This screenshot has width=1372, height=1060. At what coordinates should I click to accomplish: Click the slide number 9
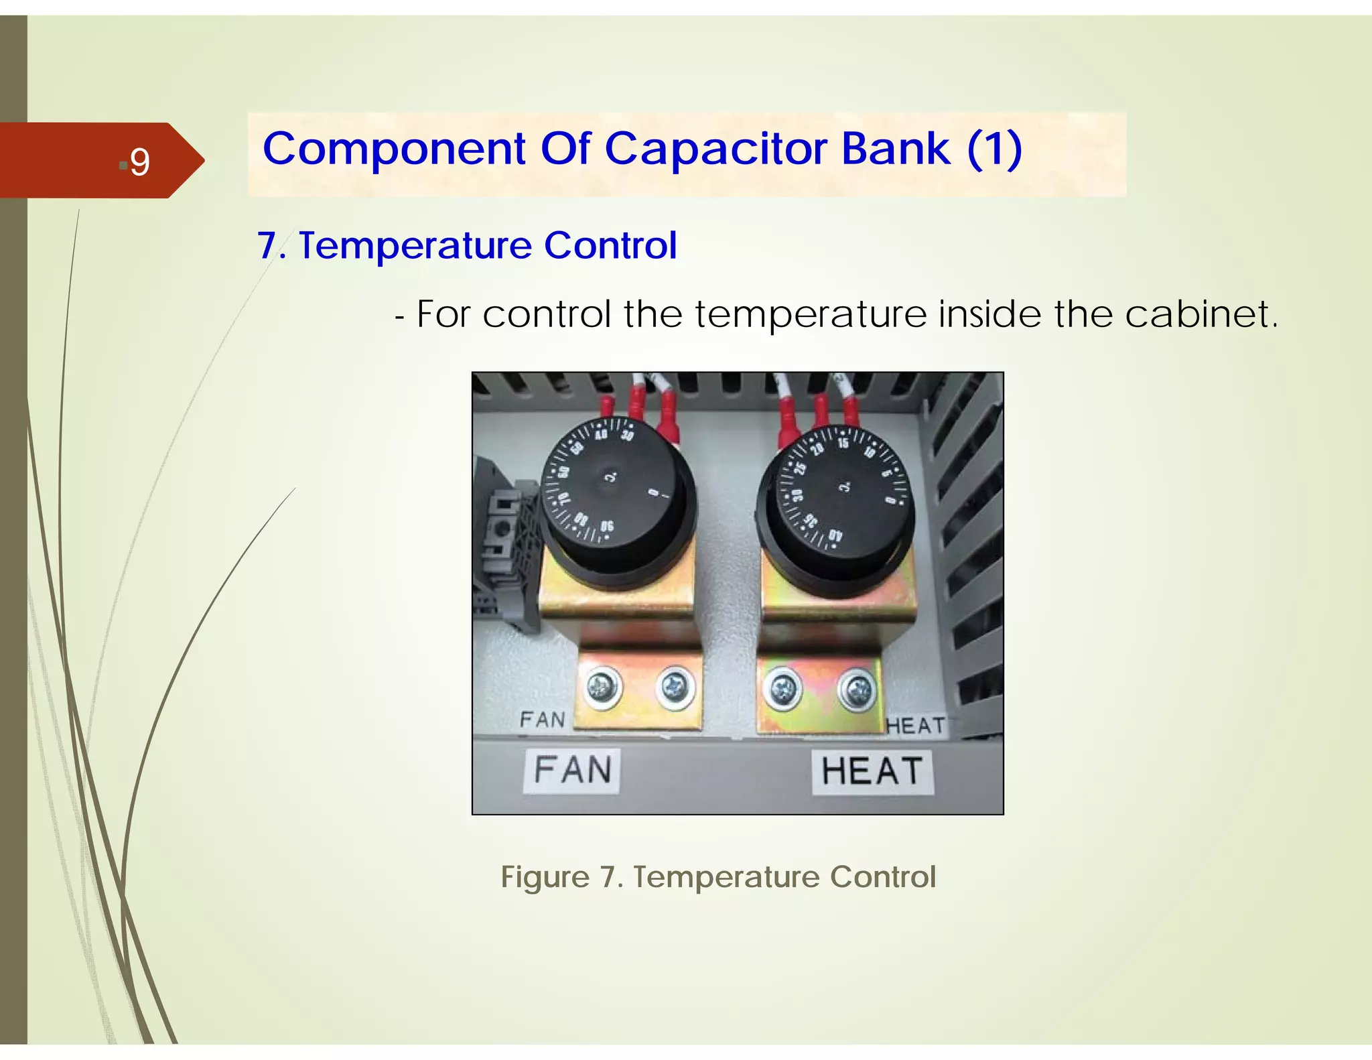pos(139,161)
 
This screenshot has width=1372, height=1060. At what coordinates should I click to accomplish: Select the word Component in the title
pos(394,149)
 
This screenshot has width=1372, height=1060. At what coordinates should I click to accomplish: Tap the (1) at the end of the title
pos(994,148)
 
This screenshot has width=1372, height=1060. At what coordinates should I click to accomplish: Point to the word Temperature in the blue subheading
pos(415,245)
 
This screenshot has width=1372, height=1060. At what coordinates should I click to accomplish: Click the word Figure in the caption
pos(545,877)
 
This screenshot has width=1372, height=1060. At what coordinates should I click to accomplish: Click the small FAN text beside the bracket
pos(543,720)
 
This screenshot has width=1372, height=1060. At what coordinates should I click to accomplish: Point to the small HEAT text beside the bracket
pos(915,726)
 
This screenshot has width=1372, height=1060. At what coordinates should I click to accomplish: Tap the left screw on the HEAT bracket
pos(782,688)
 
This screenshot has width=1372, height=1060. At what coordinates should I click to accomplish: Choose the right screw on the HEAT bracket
pos(857,689)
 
